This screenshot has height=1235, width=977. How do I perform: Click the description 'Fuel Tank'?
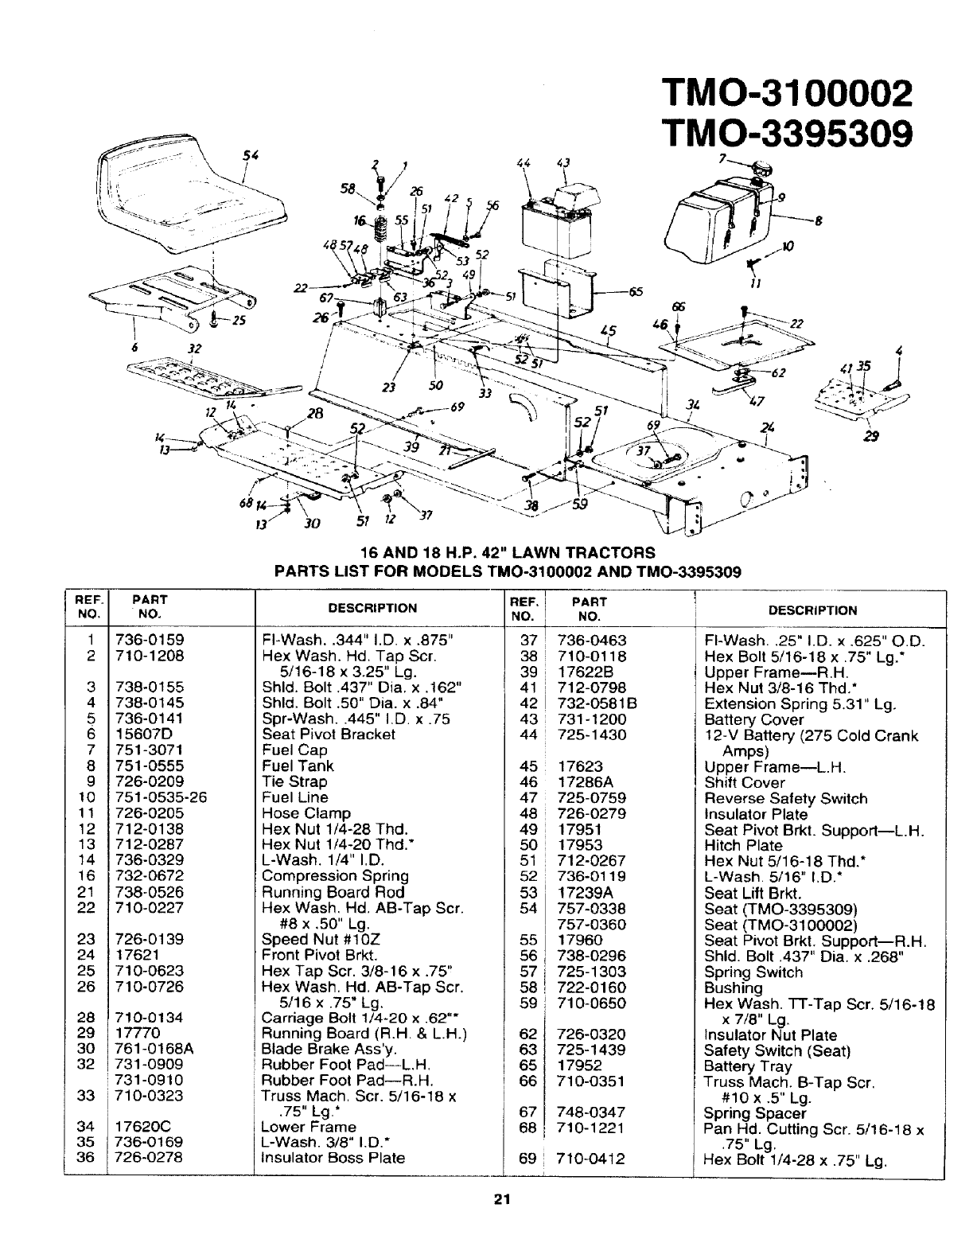pos(298,766)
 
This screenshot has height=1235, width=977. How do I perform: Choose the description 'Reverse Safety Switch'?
pos(785,798)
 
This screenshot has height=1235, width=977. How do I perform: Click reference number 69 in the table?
pos(527,1159)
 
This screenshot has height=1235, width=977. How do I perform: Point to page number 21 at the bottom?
pos(500,1201)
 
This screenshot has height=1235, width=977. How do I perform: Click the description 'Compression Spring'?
pos(334,876)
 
